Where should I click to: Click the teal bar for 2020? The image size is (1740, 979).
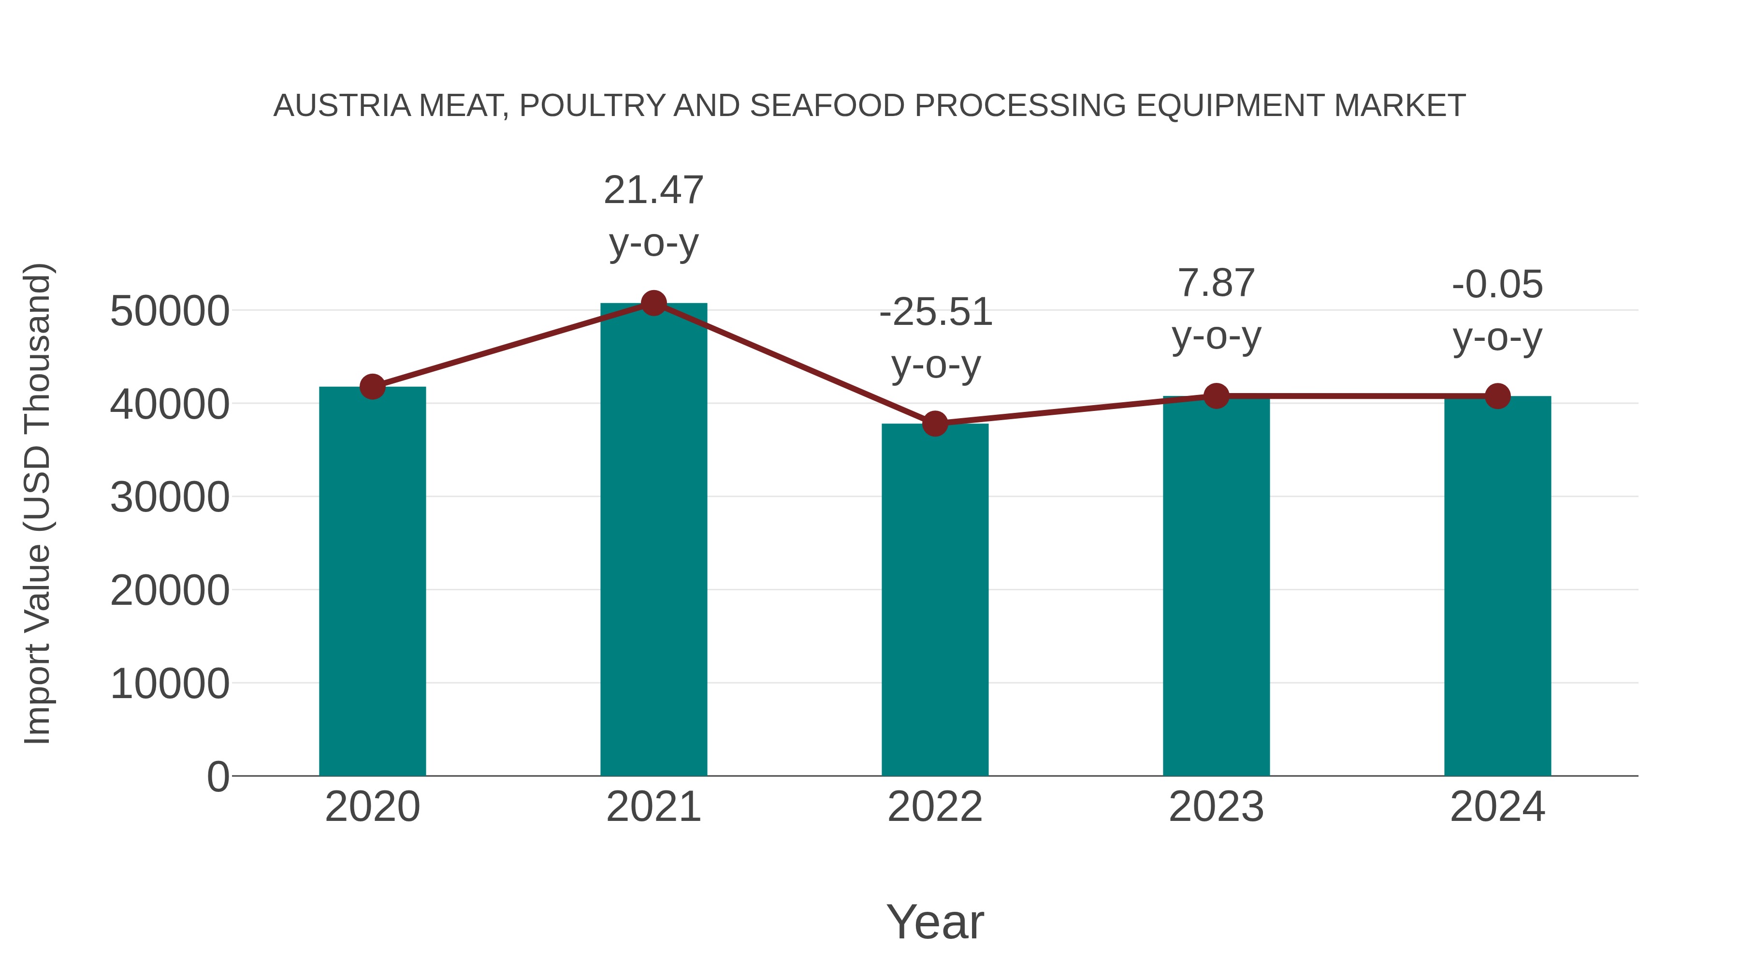pyautogui.click(x=372, y=581)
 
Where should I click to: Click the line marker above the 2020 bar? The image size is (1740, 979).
pyautogui.click(x=372, y=387)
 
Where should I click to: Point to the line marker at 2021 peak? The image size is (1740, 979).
pyautogui.click(x=653, y=303)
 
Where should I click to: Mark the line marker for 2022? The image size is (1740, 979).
pyautogui.click(x=935, y=424)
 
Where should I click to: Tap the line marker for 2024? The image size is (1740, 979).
pyautogui.click(x=1497, y=396)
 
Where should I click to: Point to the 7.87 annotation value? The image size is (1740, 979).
pyautogui.click(x=1216, y=283)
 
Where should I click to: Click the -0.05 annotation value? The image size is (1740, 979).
pyautogui.click(x=1497, y=284)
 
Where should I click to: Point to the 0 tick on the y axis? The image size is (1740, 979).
pyautogui.click(x=217, y=777)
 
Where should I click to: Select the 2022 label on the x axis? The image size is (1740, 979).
pyautogui.click(x=935, y=807)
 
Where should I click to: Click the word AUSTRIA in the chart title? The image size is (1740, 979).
pyautogui.click(x=342, y=106)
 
